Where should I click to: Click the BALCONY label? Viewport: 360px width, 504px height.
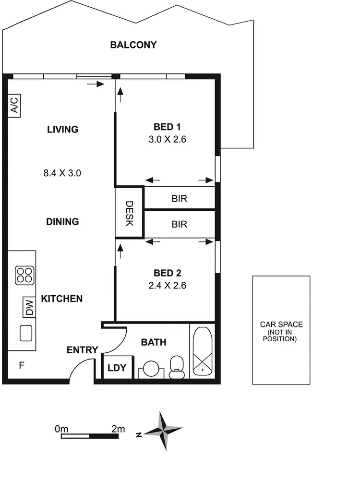(133, 45)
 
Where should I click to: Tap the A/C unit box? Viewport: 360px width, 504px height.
(14, 106)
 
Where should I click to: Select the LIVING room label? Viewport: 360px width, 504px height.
(62, 129)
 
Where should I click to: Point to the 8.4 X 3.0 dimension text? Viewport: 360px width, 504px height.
(62, 173)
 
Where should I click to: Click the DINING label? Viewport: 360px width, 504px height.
(62, 222)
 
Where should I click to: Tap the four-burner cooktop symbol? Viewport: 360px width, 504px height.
(24, 276)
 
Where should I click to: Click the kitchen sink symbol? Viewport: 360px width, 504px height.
(25, 333)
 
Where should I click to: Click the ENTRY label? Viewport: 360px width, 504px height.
(82, 350)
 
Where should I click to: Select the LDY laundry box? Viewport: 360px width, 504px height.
(117, 368)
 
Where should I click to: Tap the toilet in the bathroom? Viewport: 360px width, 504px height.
(177, 366)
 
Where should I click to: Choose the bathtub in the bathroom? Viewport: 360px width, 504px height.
(203, 352)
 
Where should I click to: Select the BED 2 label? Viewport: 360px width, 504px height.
(167, 273)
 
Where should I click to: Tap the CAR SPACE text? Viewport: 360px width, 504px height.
(281, 324)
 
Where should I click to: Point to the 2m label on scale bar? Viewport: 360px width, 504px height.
(118, 429)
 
